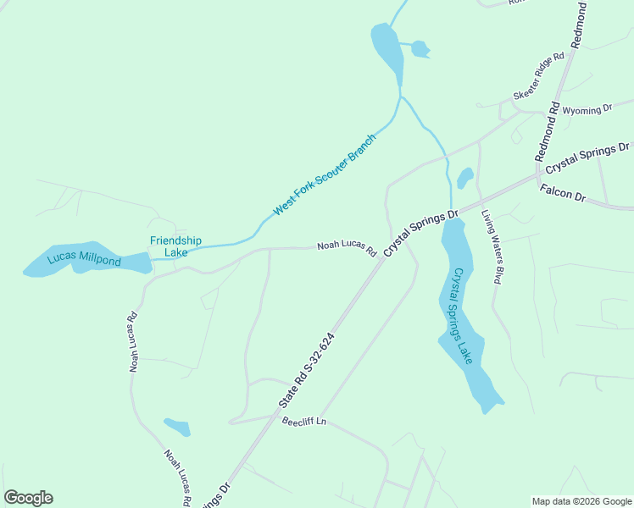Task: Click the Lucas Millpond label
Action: pyautogui.click(x=84, y=260)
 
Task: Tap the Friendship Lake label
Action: pyautogui.click(x=175, y=246)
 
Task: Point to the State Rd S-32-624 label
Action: pyautogui.click(x=306, y=373)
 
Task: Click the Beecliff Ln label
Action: pyautogui.click(x=303, y=422)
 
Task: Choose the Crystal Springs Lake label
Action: pyautogui.click(x=462, y=317)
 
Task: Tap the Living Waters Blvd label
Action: pyautogui.click(x=492, y=246)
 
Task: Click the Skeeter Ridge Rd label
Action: pyautogui.click(x=538, y=76)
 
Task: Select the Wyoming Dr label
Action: pyautogui.click(x=587, y=110)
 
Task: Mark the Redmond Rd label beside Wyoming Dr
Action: pyautogui.click(x=548, y=131)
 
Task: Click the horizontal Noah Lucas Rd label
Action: pyautogui.click(x=346, y=247)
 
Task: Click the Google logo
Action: pyautogui.click(x=28, y=498)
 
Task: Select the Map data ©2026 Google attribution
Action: pyautogui.click(x=582, y=501)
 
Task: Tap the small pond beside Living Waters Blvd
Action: pyautogui.click(x=464, y=178)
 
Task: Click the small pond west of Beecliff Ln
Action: pyautogui.click(x=177, y=427)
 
